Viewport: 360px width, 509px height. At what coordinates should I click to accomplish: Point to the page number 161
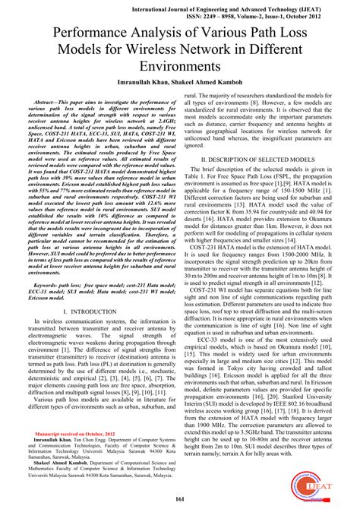[x=180, y=498]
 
